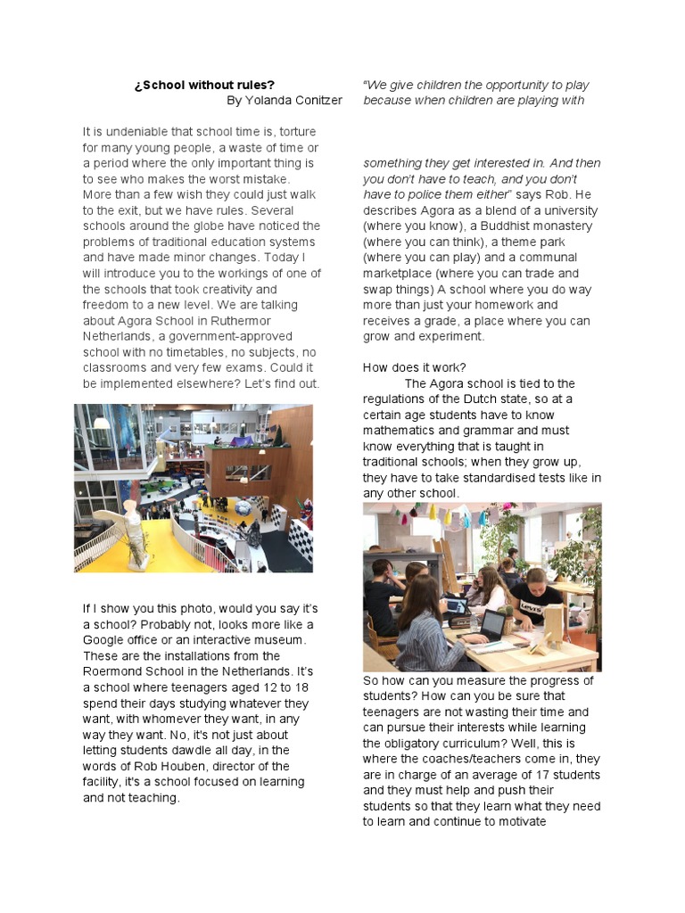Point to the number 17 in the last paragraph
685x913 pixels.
[545, 774]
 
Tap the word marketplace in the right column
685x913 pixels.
[403, 274]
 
